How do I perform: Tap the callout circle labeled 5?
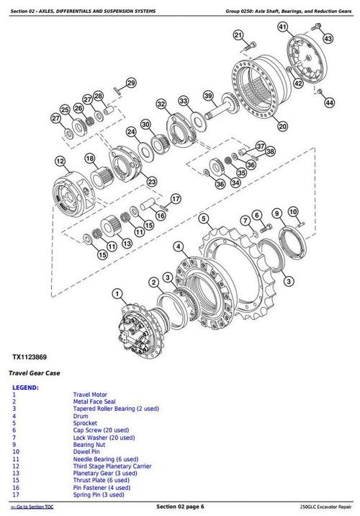204,218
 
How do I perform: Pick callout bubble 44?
329,103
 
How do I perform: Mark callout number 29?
130,84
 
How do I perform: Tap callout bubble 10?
293,211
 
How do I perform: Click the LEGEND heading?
26,388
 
